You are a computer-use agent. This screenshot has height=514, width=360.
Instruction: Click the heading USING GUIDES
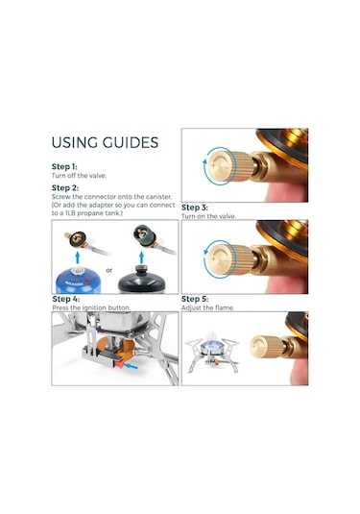[x=105, y=142]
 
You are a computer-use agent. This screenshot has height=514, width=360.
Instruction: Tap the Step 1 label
[x=64, y=166]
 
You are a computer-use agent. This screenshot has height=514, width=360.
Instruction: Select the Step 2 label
[x=65, y=188]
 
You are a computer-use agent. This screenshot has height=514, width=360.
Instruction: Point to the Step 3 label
[x=195, y=208]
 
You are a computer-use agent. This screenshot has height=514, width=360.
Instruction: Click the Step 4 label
[x=65, y=299]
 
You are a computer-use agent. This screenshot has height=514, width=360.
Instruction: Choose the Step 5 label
[x=195, y=299]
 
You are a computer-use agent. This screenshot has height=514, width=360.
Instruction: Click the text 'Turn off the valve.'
[x=79, y=176]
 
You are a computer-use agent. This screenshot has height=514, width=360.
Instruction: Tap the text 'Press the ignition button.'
[x=91, y=307]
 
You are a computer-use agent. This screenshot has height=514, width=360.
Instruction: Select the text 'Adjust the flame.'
[x=207, y=307]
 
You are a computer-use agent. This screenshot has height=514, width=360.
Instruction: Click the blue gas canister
[x=78, y=281]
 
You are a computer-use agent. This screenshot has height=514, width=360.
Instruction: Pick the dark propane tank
[x=141, y=280]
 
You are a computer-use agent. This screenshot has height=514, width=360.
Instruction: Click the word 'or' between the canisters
[x=109, y=270]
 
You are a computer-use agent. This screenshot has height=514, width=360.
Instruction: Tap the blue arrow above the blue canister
[x=78, y=257]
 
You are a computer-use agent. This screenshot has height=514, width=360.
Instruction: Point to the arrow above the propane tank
[x=141, y=257]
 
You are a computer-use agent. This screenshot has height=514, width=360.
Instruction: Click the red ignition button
[x=119, y=363]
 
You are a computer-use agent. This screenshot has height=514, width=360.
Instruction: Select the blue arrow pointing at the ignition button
[x=132, y=365]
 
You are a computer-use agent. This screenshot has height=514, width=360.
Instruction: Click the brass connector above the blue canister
[x=78, y=238]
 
